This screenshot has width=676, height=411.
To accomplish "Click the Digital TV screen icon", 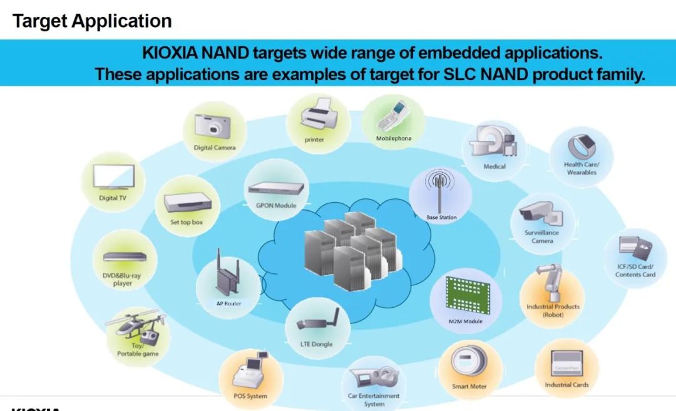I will [113, 176].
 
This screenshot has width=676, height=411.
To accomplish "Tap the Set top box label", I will [187, 222].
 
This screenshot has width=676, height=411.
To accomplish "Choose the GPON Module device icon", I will [276, 188].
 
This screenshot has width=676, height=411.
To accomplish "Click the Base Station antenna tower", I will [441, 190].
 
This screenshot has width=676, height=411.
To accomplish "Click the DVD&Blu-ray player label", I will [123, 279].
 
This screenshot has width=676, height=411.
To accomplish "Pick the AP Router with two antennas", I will [227, 274].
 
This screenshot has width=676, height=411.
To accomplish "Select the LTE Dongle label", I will [317, 345].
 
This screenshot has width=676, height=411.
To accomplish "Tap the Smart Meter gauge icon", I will [469, 363].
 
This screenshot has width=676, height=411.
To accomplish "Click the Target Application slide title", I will [92, 21].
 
